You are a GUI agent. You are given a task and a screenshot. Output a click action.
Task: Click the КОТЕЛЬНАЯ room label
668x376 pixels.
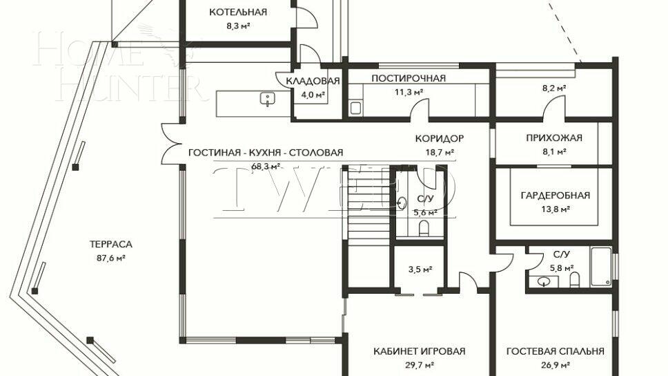[237, 12]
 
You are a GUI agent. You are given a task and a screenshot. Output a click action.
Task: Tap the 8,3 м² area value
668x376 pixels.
[237, 26]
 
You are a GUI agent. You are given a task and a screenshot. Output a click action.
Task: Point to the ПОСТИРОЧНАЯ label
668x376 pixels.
[409, 78]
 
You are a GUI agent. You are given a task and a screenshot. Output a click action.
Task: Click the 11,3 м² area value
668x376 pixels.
[409, 91]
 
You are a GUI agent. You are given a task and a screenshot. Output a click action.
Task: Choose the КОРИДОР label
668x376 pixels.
[440, 138]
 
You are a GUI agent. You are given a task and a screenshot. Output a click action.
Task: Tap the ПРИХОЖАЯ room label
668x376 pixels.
[554, 138]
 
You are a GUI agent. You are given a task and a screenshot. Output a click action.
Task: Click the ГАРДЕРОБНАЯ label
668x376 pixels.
[556, 196]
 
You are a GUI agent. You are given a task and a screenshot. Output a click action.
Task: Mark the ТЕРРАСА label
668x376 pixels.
[110, 244]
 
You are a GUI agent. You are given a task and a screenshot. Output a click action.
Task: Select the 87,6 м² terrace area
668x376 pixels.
[110, 258]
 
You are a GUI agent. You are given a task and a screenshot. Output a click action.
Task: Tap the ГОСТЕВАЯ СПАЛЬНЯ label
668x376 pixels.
[555, 351]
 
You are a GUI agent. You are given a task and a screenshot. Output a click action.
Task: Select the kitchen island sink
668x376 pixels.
[267, 101]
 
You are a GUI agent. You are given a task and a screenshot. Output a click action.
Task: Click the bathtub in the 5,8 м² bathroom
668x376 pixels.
[600, 266]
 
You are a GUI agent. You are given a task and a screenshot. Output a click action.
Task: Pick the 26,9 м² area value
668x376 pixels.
[555, 365]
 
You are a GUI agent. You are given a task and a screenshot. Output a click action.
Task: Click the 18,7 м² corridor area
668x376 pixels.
[440, 151]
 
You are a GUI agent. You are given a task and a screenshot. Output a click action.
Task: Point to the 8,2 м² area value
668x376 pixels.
[553, 88]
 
